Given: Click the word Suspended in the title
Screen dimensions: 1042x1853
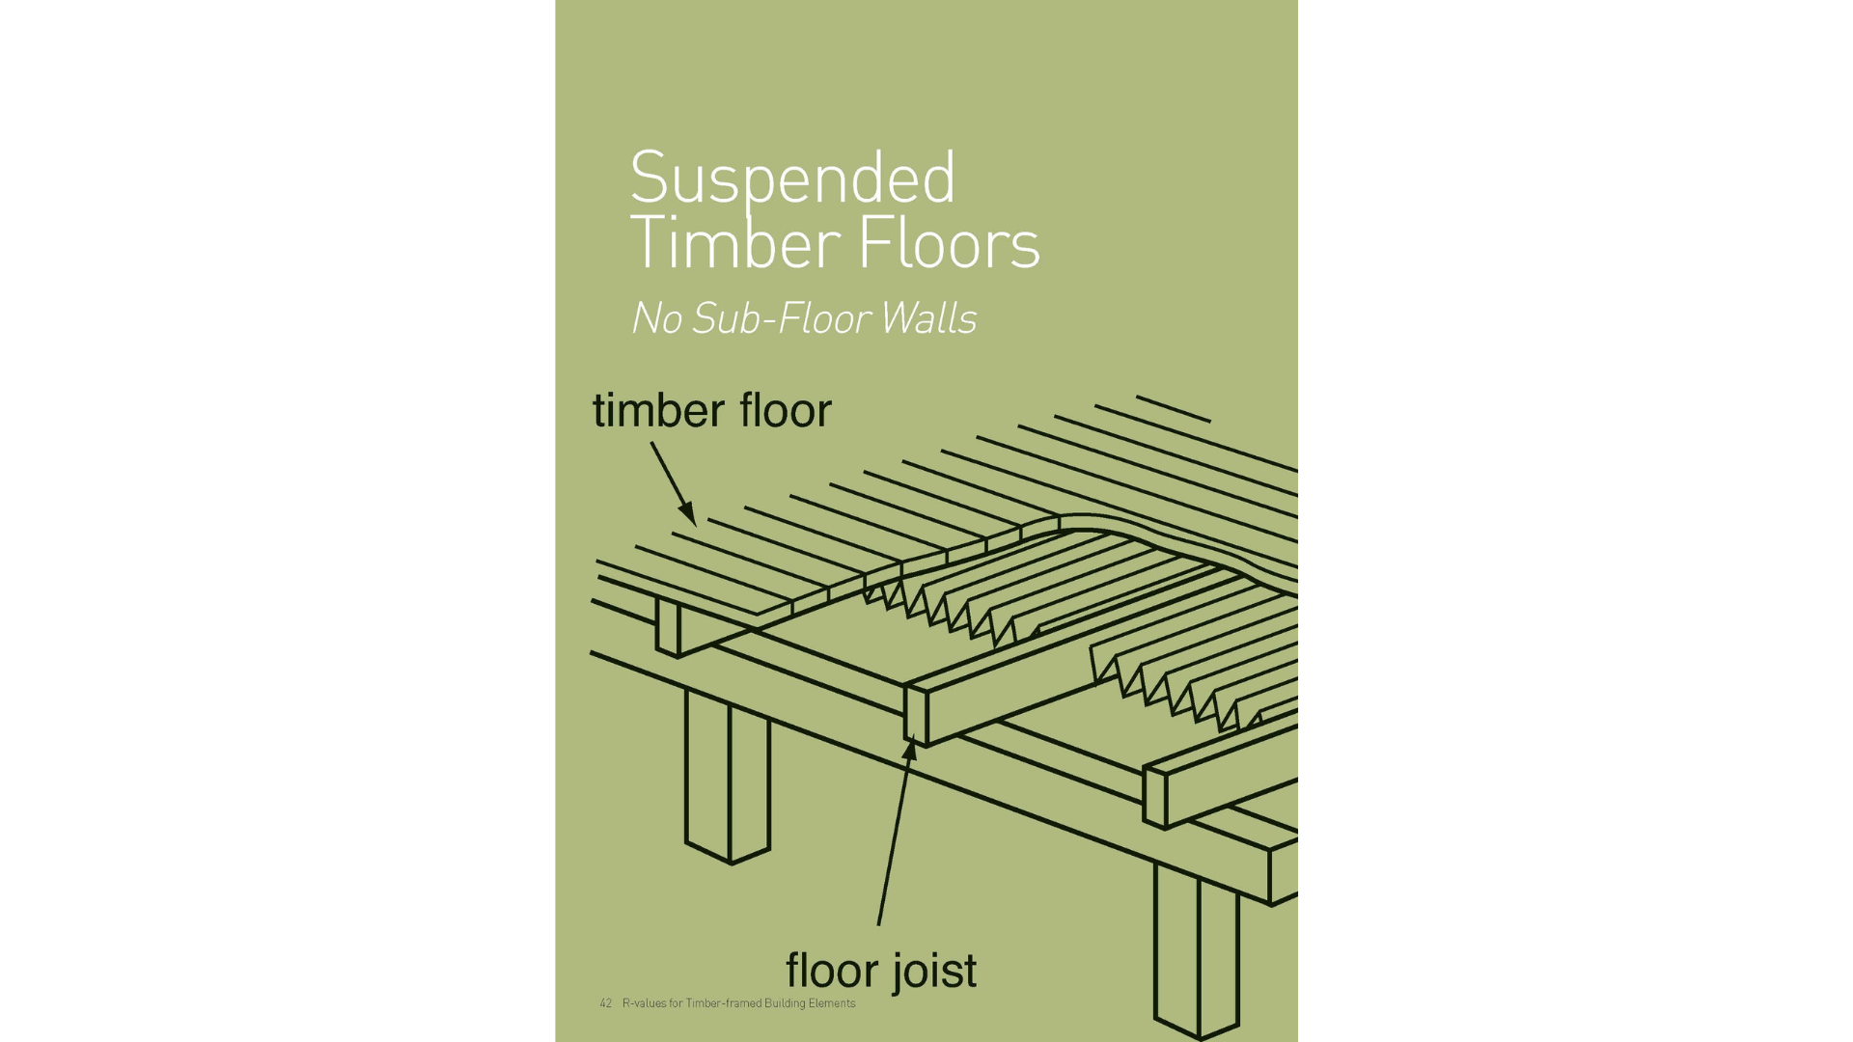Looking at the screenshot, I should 792,179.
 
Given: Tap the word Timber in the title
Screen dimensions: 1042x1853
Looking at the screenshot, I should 734,243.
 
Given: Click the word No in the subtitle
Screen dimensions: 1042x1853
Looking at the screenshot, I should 656,319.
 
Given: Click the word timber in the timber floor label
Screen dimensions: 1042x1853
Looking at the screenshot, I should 658,411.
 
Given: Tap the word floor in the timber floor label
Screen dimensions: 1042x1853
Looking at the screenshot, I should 785,411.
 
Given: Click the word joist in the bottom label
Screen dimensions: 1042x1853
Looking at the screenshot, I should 934,971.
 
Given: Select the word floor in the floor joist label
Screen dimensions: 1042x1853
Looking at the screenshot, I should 831,970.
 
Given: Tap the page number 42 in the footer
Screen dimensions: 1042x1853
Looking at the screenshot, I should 605,1003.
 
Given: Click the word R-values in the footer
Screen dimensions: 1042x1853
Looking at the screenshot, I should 644,1003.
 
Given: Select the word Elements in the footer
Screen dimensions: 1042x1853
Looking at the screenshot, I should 832,1003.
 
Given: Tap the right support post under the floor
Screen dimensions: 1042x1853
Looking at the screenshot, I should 1197,950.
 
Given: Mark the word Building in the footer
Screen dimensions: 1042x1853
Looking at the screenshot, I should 785,1003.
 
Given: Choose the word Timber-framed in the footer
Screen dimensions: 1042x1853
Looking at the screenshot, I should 724,1003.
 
